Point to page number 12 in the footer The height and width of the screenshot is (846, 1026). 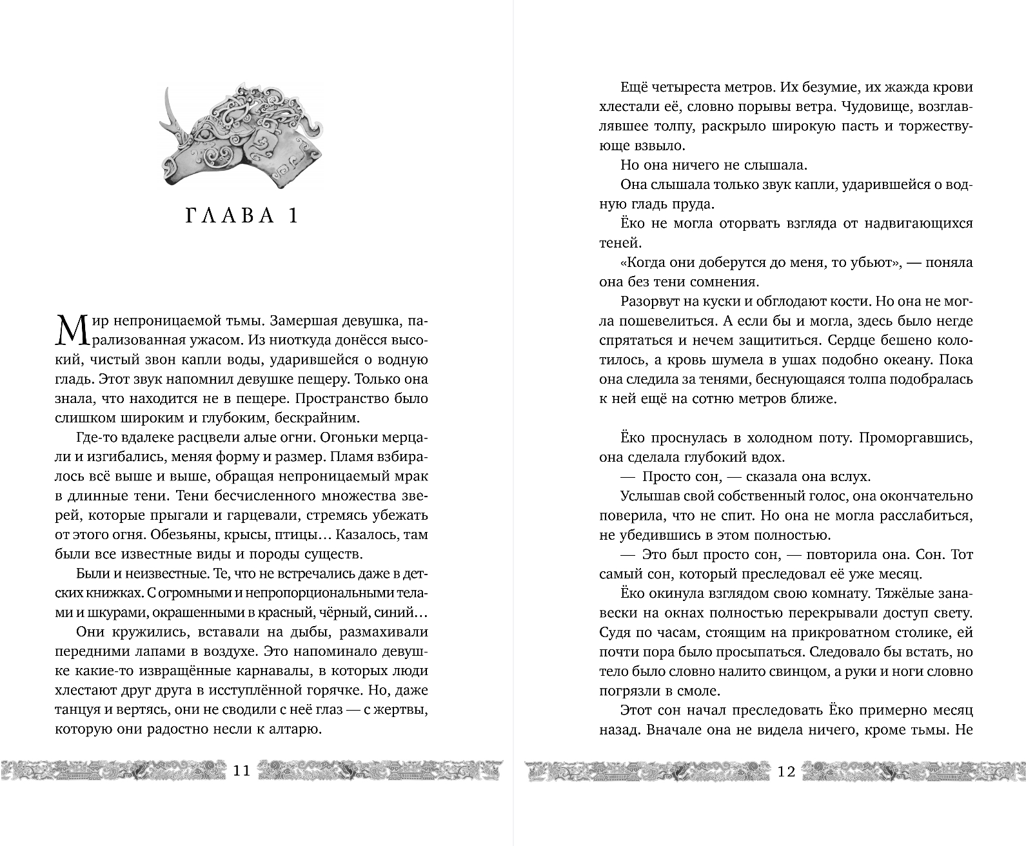pos(786,771)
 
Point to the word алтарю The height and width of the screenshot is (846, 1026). pos(292,730)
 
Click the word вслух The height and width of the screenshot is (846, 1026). pos(850,477)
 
